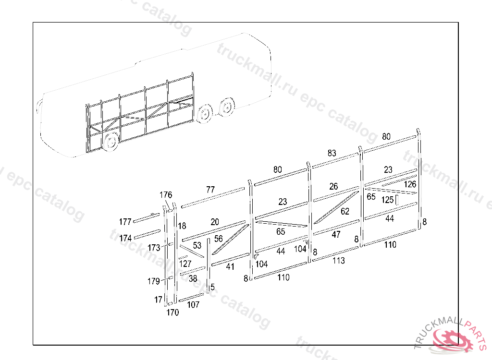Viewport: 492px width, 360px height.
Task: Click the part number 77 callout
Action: (210, 190)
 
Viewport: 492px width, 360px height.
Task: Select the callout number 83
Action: (332, 153)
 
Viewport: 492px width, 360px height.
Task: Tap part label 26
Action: (333, 186)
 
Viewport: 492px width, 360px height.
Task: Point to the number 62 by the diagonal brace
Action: (345, 211)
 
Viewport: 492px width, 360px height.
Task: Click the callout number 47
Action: (336, 235)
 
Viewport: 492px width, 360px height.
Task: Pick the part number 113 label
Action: (338, 261)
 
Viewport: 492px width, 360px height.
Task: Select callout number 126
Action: (410, 184)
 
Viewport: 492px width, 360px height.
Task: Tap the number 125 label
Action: (388, 199)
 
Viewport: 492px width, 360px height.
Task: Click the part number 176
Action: (166, 195)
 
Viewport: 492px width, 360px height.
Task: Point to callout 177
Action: (125, 222)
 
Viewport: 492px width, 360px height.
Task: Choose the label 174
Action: (125, 238)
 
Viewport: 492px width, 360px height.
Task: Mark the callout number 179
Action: (153, 281)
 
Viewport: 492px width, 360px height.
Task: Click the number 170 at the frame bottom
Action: (172, 312)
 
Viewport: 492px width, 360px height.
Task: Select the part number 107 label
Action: (193, 304)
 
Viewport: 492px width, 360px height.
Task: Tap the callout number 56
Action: (219, 239)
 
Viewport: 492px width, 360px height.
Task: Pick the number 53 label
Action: (197, 245)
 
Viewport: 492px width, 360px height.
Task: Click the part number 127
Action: (185, 264)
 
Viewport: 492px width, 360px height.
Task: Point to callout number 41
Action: (230, 267)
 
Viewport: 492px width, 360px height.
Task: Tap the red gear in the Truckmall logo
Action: (452, 339)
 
